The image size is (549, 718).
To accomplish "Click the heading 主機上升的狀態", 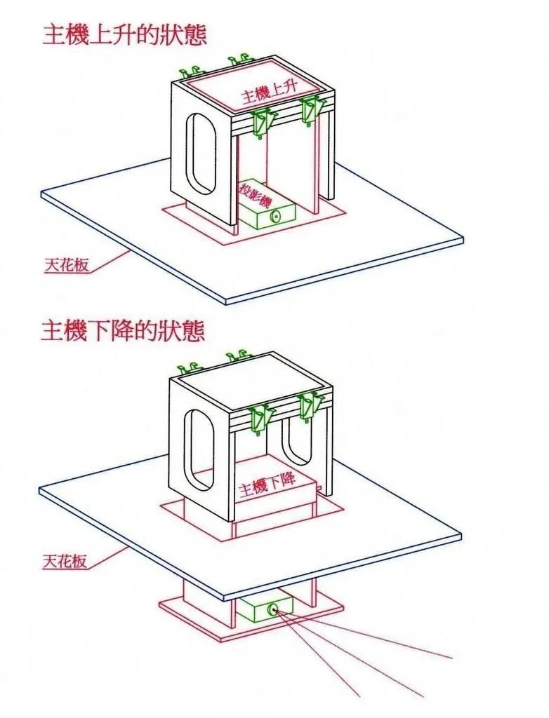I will coord(125,34).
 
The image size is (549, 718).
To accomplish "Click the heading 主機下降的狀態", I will coord(124,330).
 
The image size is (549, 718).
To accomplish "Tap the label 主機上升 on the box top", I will coord(270,94).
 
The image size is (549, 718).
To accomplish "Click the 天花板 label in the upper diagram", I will coord(65,266).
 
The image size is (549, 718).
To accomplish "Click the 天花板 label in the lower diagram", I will coord(65,562).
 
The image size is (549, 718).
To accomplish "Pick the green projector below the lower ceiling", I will coord(264,609).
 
